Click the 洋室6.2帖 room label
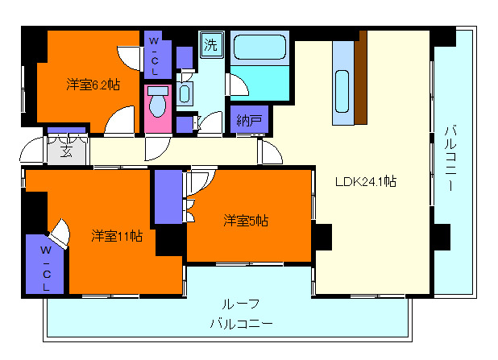coord(92,85)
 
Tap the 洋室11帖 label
coord(117,236)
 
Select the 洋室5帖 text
coord(246,220)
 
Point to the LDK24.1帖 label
coord(365,181)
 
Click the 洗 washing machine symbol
coord(210,43)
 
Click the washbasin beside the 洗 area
coord(185,93)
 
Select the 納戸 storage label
coord(249,121)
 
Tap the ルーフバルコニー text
coord(241,314)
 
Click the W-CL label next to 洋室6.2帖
coord(153,55)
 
